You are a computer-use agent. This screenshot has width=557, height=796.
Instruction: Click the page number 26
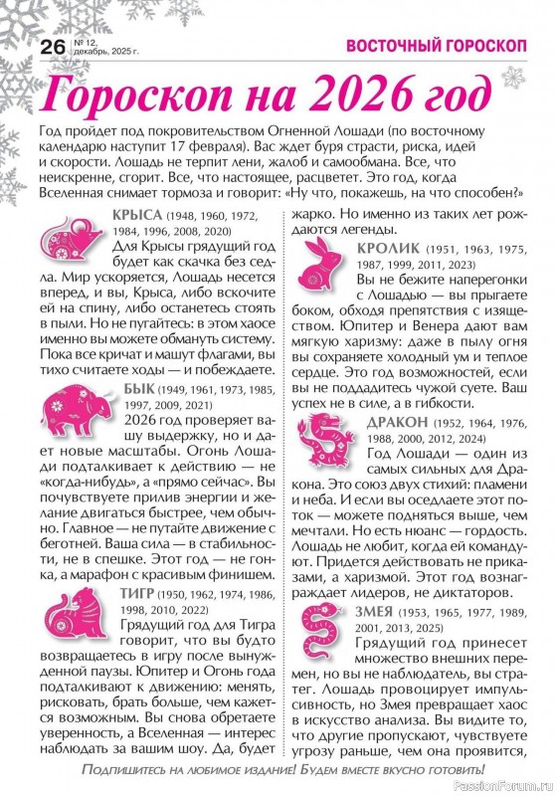(52, 47)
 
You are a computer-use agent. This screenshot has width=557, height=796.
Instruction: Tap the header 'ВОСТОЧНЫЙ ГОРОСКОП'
(420, 46)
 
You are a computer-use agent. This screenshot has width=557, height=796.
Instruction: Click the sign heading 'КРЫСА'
(140, 214)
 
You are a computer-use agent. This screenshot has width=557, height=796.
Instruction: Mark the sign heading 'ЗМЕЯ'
(377, 610)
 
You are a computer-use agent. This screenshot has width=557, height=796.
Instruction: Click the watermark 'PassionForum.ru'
(505, 783)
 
